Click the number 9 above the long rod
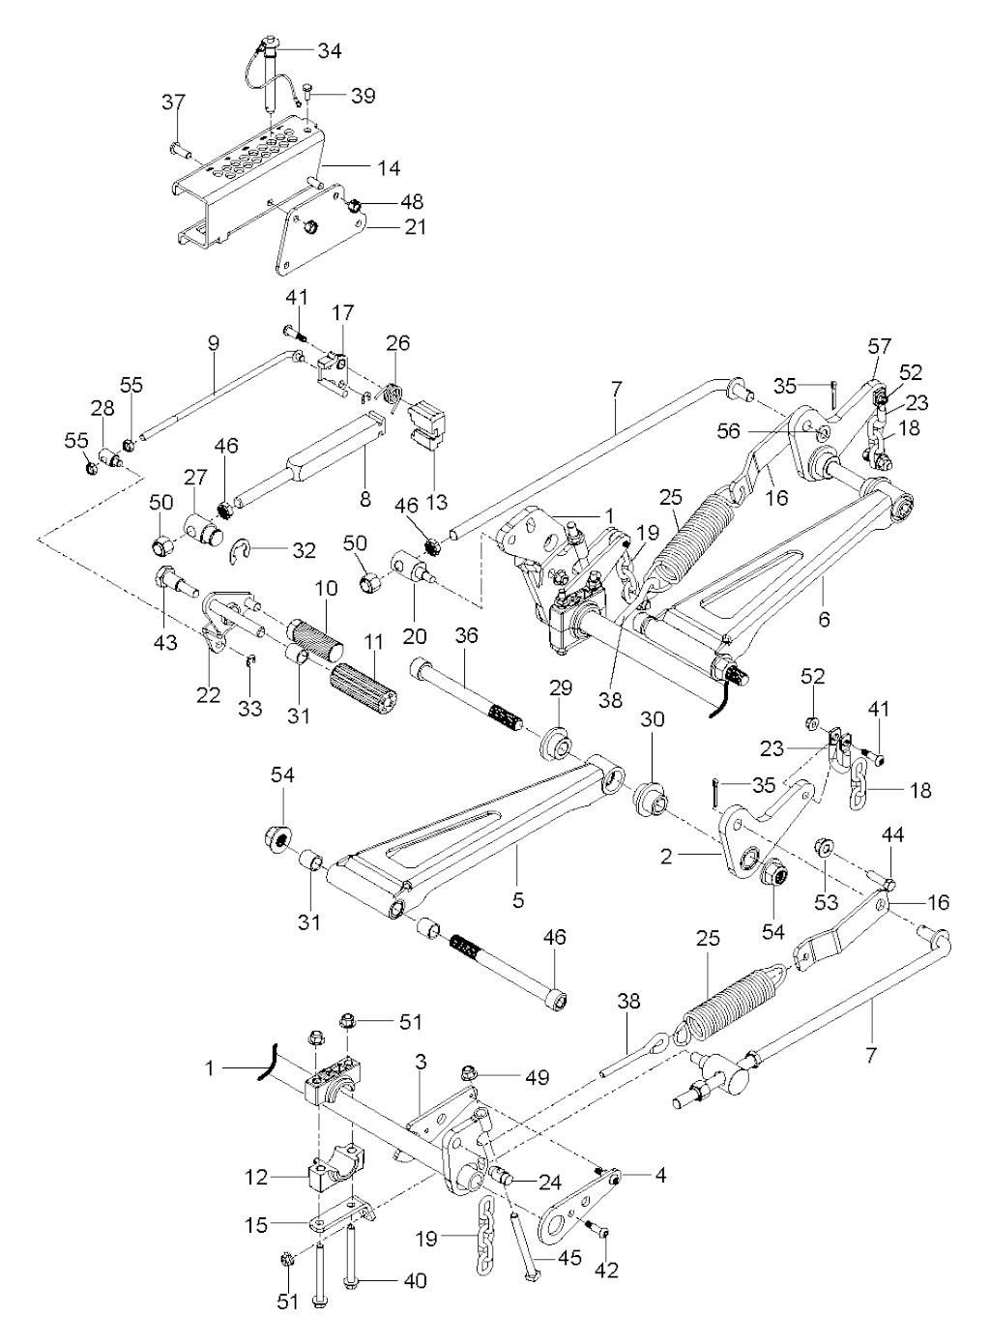[214, 342]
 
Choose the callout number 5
[518, 900]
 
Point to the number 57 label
[880, 345]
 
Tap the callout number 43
[165, 641]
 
